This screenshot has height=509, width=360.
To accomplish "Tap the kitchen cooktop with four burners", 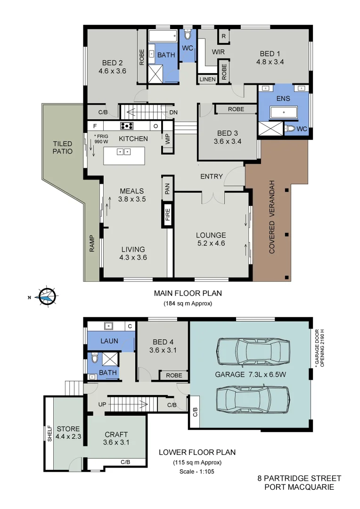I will click(x=127, y=126).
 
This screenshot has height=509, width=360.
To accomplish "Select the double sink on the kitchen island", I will click(x=124, y=152).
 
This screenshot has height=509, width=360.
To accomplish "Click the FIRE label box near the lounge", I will click(x=168, y=215).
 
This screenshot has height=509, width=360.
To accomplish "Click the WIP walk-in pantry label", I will click(x=167, y=139).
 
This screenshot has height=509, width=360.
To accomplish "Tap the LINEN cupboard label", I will click(x=207, y=79).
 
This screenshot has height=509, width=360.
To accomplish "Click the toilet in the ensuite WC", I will click(x=291, y=129).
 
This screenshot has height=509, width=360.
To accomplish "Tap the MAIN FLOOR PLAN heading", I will click(x=188, y=293).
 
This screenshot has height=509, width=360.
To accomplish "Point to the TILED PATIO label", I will click(x=62, y=148).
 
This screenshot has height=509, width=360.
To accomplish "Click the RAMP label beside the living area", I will click(x=92, y=243).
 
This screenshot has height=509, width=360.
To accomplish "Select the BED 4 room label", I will click(x=162, y=346).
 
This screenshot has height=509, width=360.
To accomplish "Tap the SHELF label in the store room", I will click(x=49, y=433).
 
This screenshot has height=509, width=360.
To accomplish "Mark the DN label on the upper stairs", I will click(x=173, y=113).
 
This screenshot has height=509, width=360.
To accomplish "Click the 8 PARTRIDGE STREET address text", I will click(x=299, y=478).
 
